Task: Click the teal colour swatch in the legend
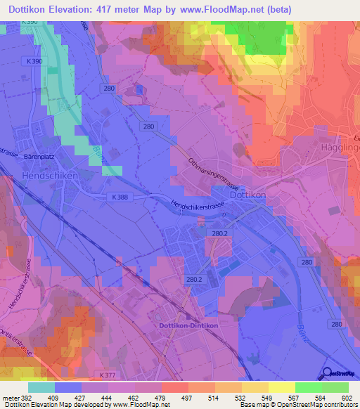click(x=41, y=387)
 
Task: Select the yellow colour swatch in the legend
click(x=281, y=387)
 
